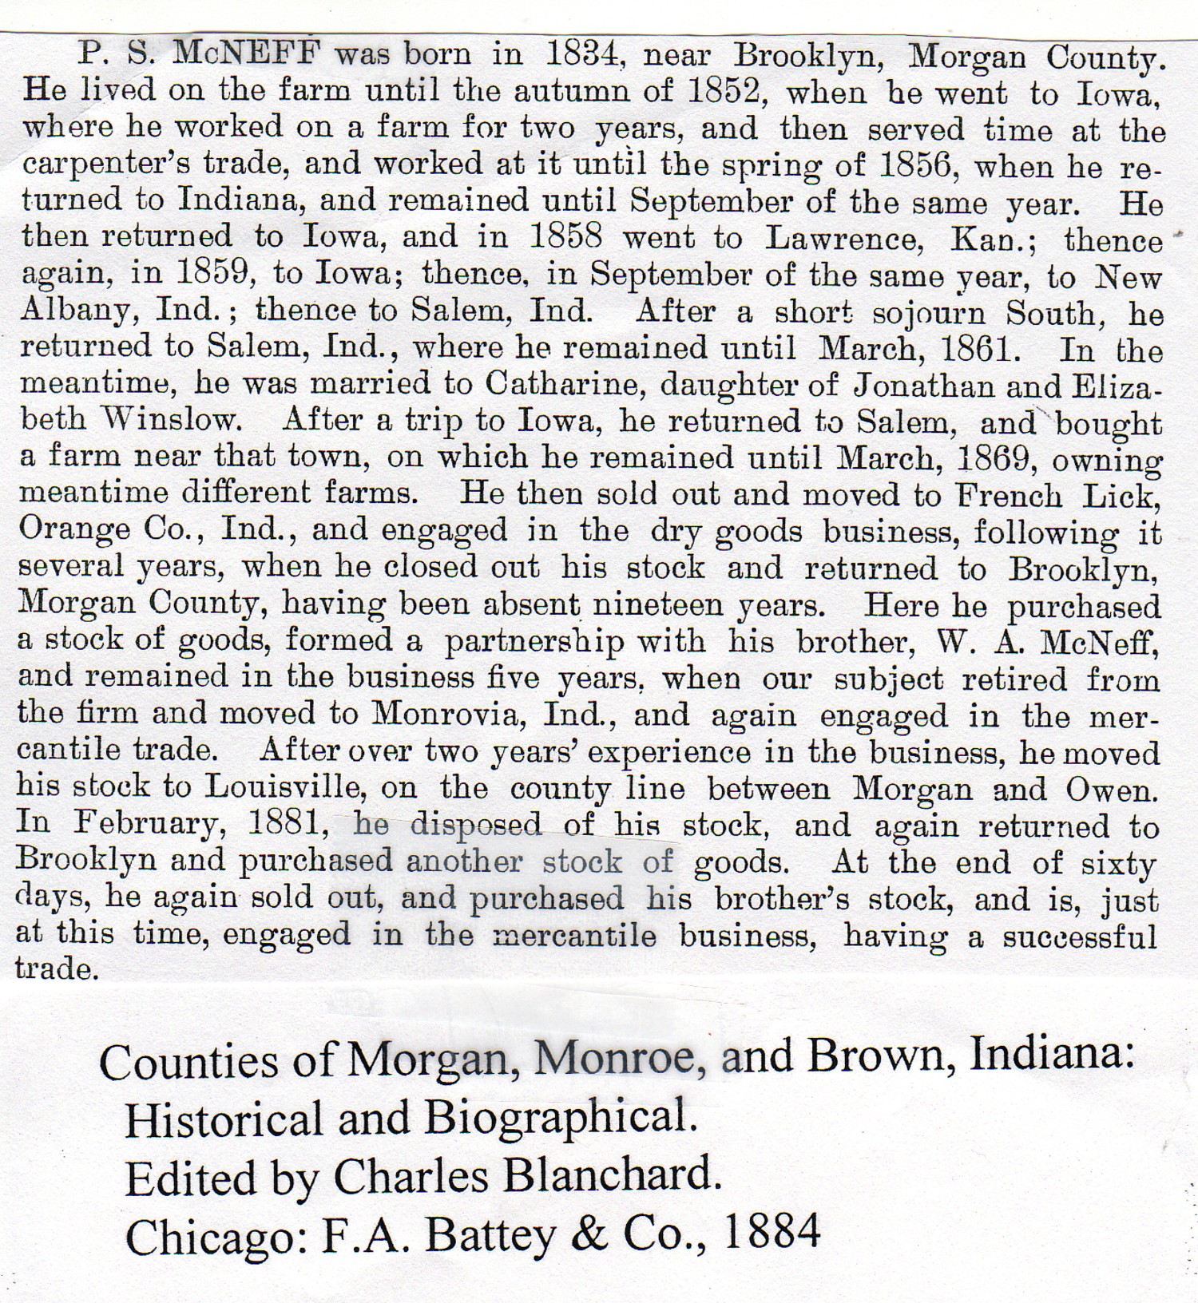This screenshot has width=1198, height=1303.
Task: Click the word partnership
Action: point(535,641)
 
